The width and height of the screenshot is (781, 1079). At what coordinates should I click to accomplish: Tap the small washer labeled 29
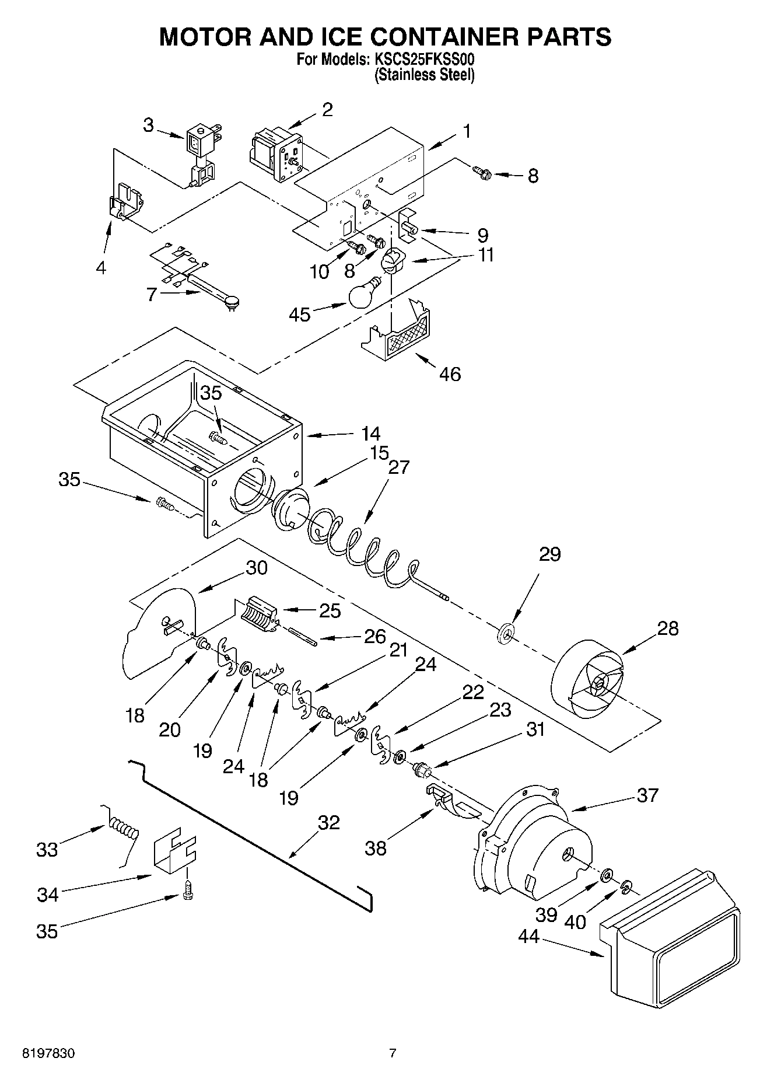(x=506, y=632)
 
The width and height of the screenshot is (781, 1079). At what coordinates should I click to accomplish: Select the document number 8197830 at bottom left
(x=48, y=1054)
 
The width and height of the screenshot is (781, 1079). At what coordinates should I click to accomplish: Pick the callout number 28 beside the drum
(x=668, y=629)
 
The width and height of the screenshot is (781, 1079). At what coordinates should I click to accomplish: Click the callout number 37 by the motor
(x=647, y=795)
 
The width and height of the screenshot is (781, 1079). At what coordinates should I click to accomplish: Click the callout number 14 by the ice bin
(x=370, y=434)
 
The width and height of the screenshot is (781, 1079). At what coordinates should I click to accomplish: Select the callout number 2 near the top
(x=327, y=109)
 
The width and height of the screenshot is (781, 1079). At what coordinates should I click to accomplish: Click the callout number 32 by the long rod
(x=329, y=822)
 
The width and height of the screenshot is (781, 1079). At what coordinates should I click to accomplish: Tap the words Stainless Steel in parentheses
(x=423, y=75)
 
